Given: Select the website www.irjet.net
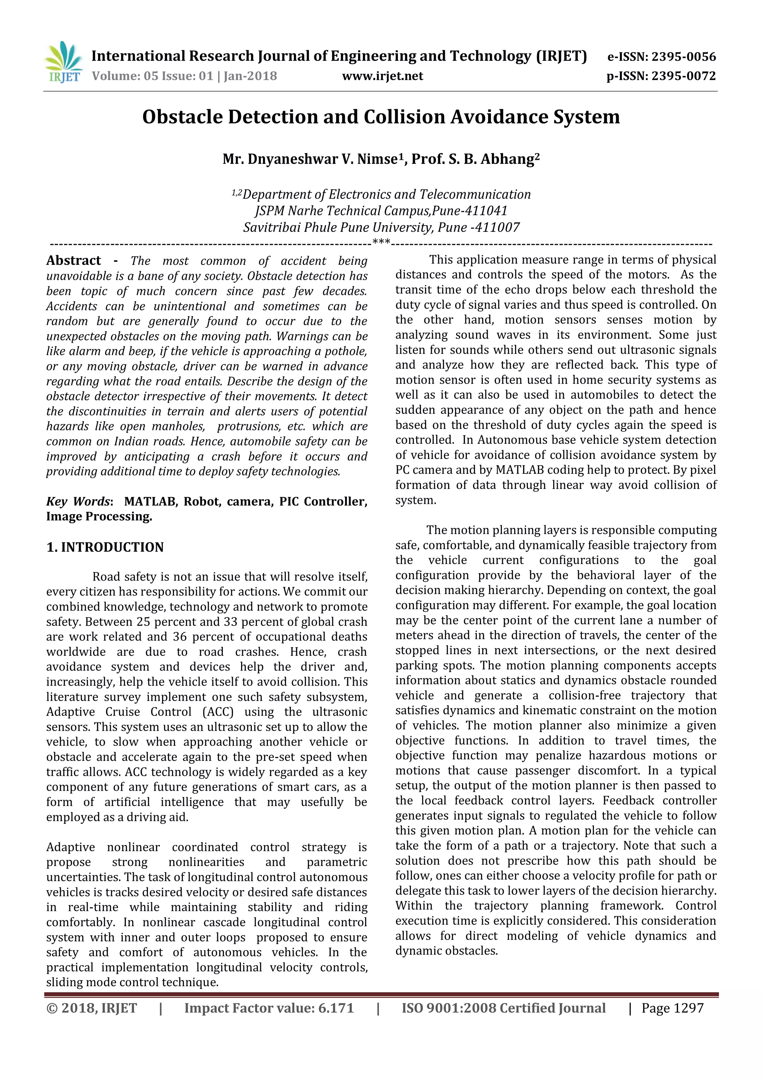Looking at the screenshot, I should (x=383, y=76).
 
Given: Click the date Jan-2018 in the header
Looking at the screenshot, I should (x=250, y=76).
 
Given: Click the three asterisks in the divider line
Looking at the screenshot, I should (x=381, y=243).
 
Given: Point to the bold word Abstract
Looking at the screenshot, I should (x=73, y=260).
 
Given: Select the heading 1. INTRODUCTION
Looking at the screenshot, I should (x=105, y=547).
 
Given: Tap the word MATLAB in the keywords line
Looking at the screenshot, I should (x=150, y=501).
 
